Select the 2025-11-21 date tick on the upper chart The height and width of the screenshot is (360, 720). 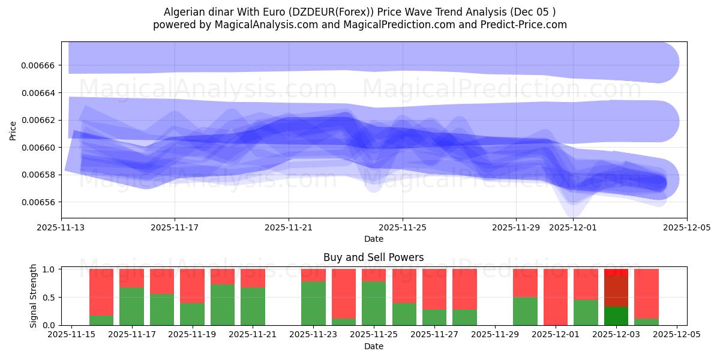pos(289,228)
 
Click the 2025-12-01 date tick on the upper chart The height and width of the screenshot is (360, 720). pos(573,228)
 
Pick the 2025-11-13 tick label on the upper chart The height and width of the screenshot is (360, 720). pos(61,228)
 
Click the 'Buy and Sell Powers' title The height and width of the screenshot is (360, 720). pos(373,257)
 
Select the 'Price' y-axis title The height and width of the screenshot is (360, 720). pos(13,130)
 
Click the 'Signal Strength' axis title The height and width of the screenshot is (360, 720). pos(34,296)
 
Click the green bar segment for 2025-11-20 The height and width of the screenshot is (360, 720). pos(223,305)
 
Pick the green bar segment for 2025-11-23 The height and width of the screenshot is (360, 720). pos(313,303)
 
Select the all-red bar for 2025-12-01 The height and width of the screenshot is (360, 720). pos(556,297)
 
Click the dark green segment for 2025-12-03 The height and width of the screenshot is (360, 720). pos(616,316)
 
